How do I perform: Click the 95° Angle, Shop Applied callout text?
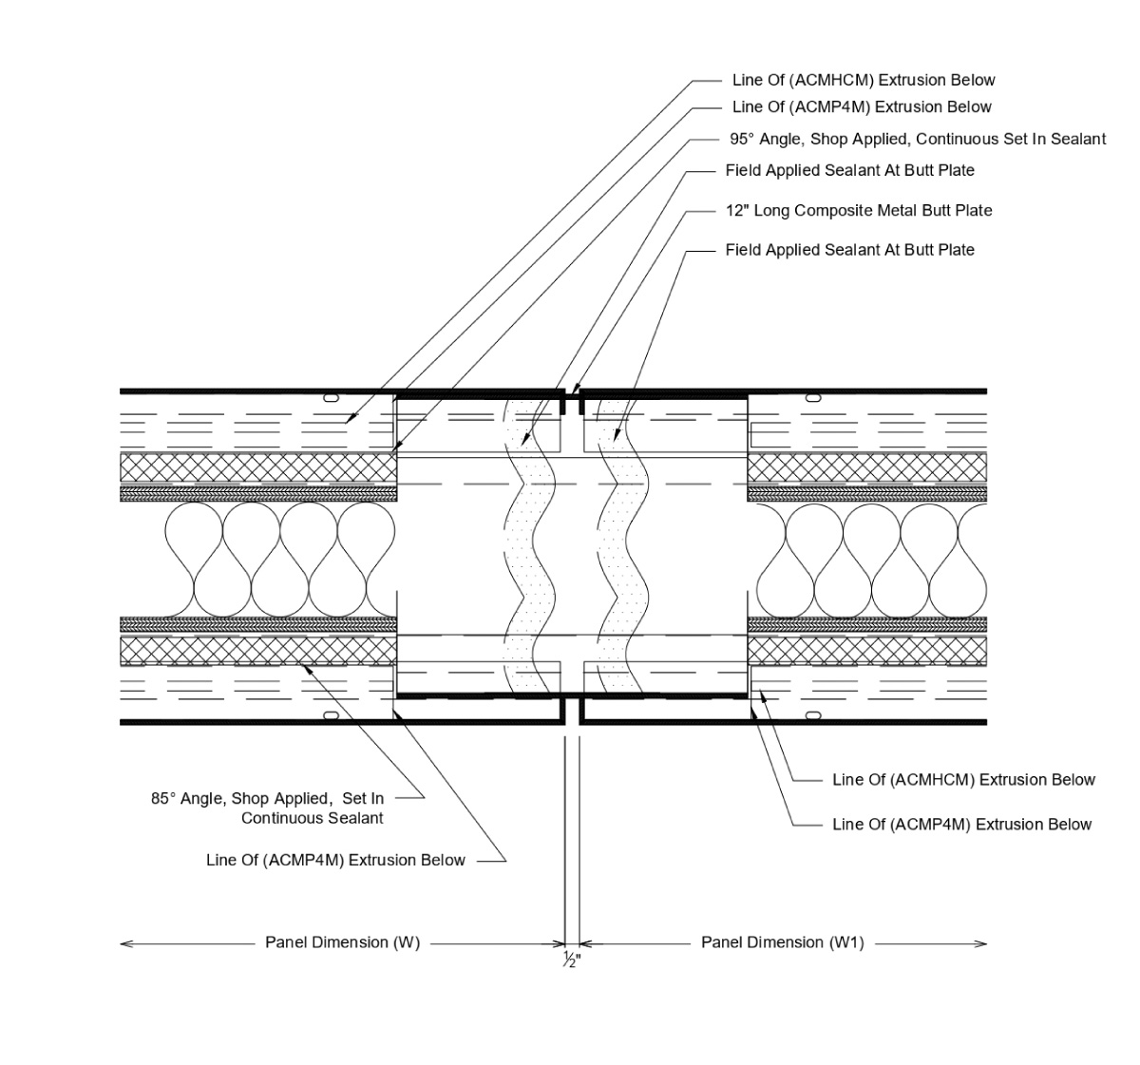(x=918, y=139)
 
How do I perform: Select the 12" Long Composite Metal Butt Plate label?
(x=859, y=210)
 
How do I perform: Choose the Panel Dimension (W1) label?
(x=783, y=942)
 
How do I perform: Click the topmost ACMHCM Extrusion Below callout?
(x=863, y=81)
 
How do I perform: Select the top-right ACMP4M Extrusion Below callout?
(x=861, y=107)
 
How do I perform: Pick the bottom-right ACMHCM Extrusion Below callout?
(x=963, y=780)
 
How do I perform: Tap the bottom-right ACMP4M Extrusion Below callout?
(x=961, y=824)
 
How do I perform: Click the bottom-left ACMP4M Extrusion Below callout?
(x=335, y=860)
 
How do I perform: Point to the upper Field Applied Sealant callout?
(x=849, y=170)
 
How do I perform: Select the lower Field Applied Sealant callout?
(x=849, y=250)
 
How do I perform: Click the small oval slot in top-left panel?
(x=332, y=397)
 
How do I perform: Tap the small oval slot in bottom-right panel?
(x=813, y=714)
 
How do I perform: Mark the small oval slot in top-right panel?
(x=813, y=397)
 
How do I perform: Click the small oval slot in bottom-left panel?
(x=332, y=714)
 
